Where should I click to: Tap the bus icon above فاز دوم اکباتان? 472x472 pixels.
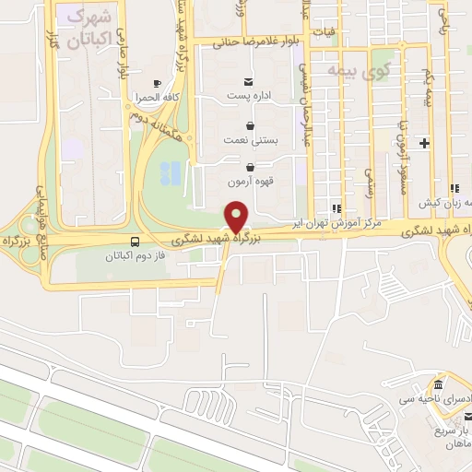tap(136, 242)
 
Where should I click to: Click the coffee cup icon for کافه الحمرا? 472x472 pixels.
tap(156, 82)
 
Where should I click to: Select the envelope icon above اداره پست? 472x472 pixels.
tap(248, 81)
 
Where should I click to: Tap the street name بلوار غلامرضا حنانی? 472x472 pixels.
tap(249, 41)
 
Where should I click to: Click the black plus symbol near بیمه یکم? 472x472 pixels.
tap(424, 143)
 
